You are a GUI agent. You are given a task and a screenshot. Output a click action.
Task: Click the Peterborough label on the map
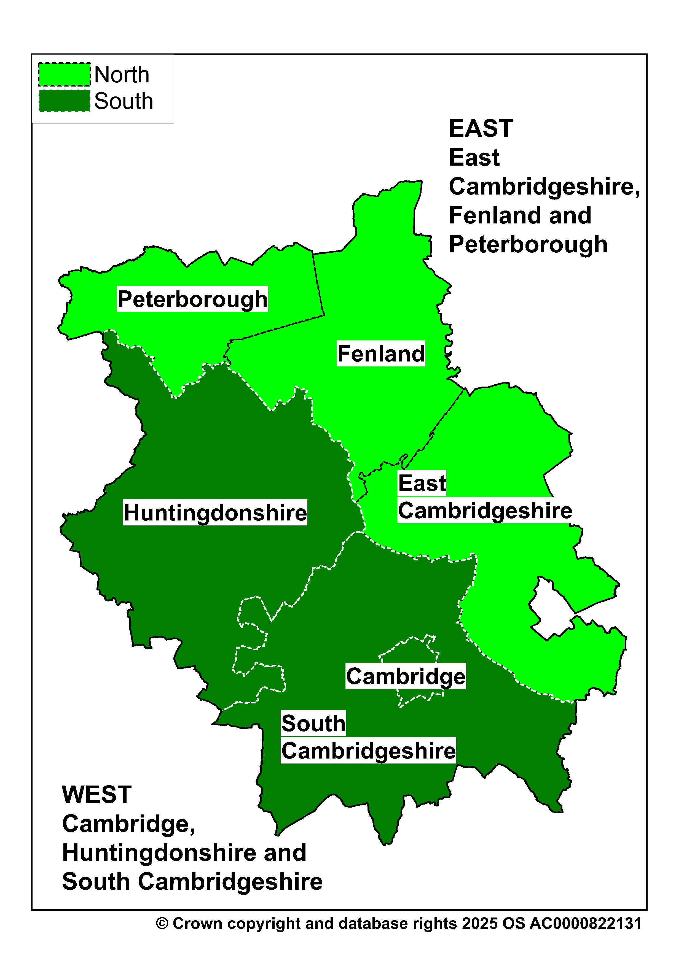click(192, 299)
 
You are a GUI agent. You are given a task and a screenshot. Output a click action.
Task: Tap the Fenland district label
click(381, 354)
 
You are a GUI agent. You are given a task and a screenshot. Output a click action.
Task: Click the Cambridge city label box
click(406, 676)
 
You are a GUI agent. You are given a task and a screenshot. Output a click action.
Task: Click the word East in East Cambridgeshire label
click(422, 483)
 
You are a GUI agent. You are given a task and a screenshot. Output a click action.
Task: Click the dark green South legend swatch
click(65, 101)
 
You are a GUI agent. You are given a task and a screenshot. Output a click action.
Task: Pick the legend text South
click(124, 101)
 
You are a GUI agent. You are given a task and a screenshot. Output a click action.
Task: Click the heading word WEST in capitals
click(96, 795)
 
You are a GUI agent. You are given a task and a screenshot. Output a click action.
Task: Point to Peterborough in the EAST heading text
click(528, 245)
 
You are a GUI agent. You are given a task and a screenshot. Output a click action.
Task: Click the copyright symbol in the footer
click(162, 924)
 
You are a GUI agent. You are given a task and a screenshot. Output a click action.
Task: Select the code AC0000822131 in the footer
click(586, 924)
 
